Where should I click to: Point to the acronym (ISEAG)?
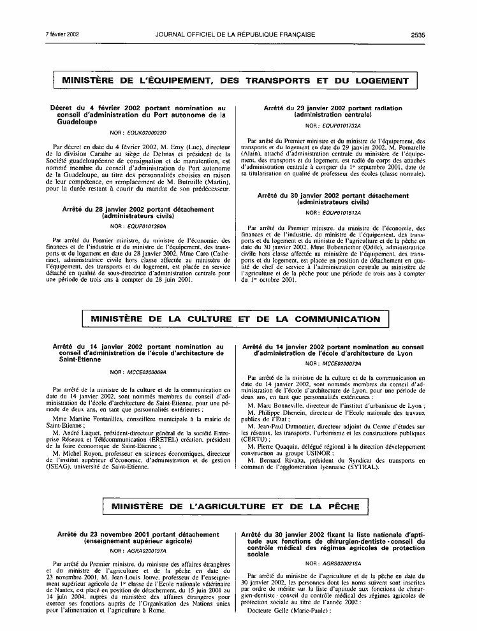(66, 466)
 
